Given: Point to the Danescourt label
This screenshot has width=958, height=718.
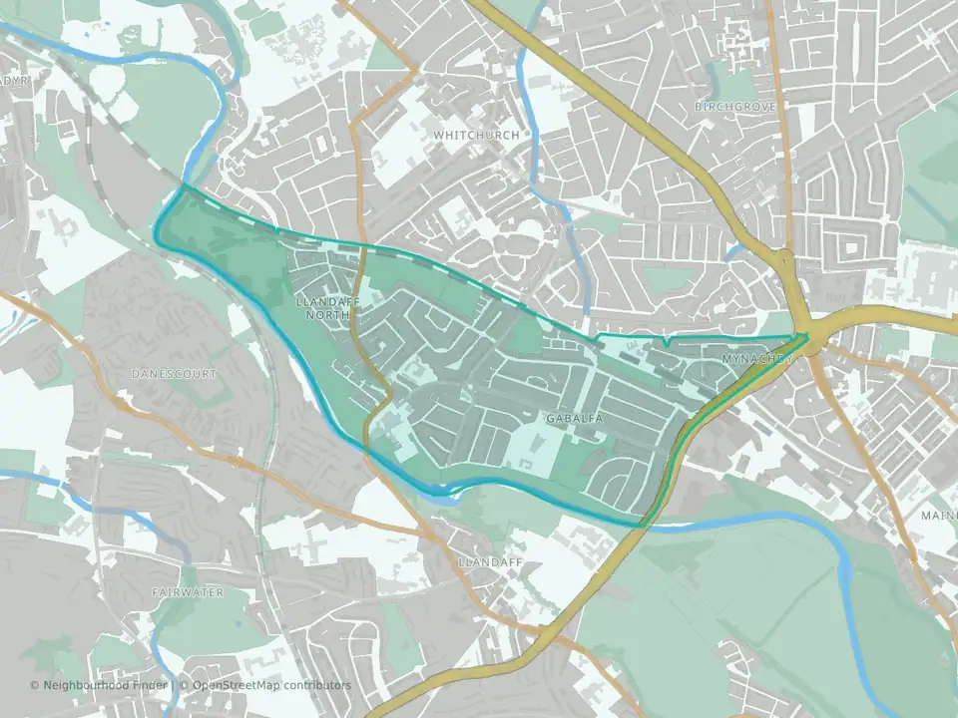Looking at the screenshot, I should pyautogui.click(x=174, y=373).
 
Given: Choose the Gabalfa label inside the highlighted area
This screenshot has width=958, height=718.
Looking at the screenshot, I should pyautogui.click(x=575, y=419).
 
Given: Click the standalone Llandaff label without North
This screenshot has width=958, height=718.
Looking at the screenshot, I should pyautogui.click(x=490, y=562).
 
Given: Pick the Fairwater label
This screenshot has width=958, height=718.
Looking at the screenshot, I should pyautogui.click(x=188, y=592).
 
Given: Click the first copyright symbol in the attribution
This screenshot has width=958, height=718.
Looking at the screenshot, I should pyautogui.click(x=35, y=685).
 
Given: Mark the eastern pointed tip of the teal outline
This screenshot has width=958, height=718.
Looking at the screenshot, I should pyautogui.click(x=808, y=335).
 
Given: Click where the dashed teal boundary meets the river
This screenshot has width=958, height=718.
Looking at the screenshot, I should pyautogui.click(x=185, y=186).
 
